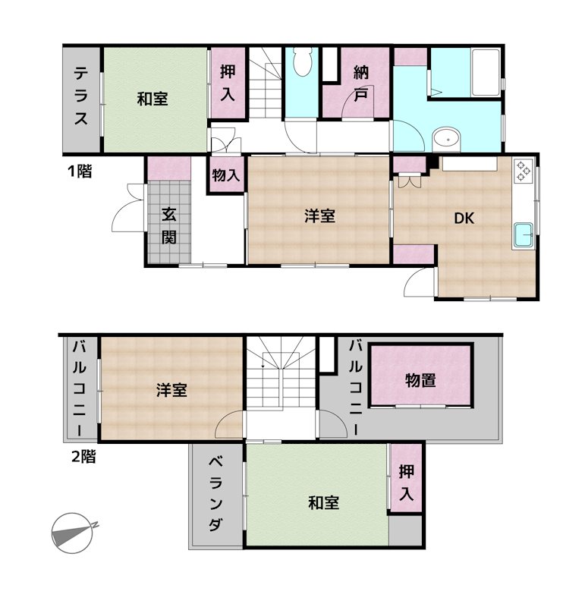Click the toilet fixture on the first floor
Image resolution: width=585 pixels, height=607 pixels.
[302, 61]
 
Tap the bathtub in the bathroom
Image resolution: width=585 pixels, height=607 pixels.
[486, 72]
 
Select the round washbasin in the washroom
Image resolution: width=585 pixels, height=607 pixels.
[446, 139]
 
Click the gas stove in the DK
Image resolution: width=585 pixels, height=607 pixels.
[523, 170]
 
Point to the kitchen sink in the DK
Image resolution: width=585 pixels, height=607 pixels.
[523, 236]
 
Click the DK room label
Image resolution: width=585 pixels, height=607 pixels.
[464, 219]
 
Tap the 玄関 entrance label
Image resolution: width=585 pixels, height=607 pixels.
[168, 225]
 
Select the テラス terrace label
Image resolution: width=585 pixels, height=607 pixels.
[81, 96]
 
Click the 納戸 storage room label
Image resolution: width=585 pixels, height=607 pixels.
[361, 83]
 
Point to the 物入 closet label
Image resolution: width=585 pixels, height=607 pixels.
[225, 175]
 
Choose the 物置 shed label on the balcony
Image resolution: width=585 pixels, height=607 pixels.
[420, 381]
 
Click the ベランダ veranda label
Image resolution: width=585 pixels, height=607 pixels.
[215, 494]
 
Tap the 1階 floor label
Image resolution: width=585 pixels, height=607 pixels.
[80, 171]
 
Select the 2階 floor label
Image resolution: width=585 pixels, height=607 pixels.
[83, 457]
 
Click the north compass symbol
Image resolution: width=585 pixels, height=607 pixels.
[73, 533]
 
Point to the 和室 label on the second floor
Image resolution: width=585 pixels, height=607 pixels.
[324, 503]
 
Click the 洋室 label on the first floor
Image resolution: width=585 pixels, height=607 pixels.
[319, 216]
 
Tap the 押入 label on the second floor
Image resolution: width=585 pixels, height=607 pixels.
[406, 483]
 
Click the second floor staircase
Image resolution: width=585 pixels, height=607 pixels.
[281, 373]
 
